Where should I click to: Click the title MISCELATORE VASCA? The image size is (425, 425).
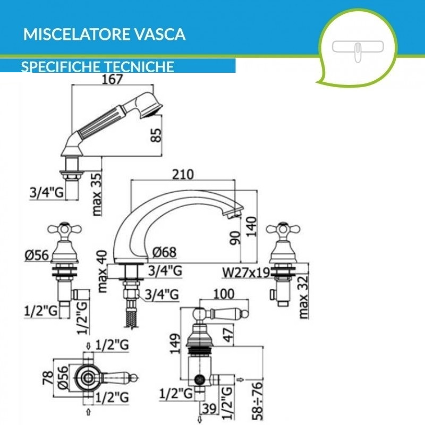pos(104,35)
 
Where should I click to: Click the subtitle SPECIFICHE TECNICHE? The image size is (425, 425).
pos(98,66)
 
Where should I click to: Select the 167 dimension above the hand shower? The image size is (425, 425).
pos(112,79)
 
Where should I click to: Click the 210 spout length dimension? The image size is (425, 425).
pos(183,174)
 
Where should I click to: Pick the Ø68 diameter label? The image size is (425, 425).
pos(165,252)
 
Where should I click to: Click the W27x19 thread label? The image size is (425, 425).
pos(245,273)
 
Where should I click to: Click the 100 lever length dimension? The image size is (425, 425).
pos(223,293)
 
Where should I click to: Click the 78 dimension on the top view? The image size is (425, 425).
pos(47,379)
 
